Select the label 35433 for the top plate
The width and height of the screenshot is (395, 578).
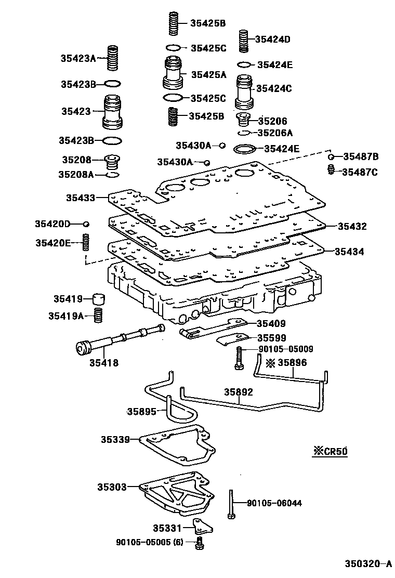click(x=81, y=198)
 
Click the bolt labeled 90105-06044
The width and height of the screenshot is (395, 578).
click(x=229, y=503)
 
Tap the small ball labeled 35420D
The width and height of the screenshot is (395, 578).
click(x=86, y=224)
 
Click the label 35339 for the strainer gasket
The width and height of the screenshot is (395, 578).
click(x=115, y=439)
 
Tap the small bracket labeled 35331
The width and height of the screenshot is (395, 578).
click(x=202, y=527)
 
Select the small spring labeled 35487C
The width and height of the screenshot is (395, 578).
click(x=330, y=170)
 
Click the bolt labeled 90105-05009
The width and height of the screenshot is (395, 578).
click(x=238, y=358)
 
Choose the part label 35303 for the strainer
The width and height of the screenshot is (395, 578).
click(x=111, y=487)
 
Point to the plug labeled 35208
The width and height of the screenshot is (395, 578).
click(x=111, y=161)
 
